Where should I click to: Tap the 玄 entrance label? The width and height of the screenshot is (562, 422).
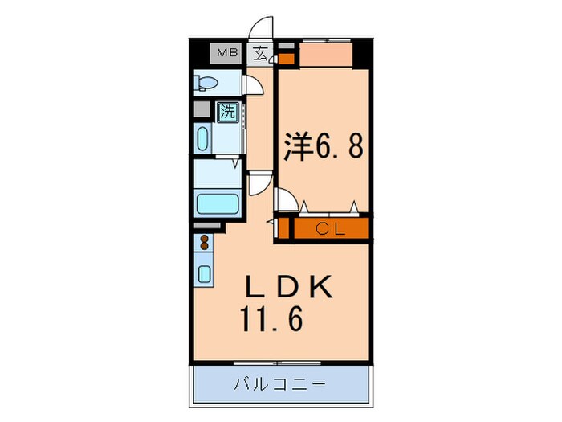[x=261, y=55]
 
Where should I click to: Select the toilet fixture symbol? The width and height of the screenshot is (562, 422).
[x=208, y=83]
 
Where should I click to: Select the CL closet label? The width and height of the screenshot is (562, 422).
[x=328, y=229]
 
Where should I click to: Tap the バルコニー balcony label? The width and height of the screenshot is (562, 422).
[x=280, y=384]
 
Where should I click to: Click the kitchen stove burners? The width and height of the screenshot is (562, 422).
[x=202, y=243]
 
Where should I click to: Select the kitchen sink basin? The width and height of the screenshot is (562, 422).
[x=203, y=272]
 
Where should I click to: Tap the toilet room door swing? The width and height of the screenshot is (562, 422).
[x=251, y=85]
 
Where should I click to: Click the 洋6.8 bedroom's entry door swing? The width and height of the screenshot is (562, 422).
[x=282, y=199]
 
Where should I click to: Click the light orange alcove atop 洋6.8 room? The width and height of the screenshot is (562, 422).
[x=324, y=55]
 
